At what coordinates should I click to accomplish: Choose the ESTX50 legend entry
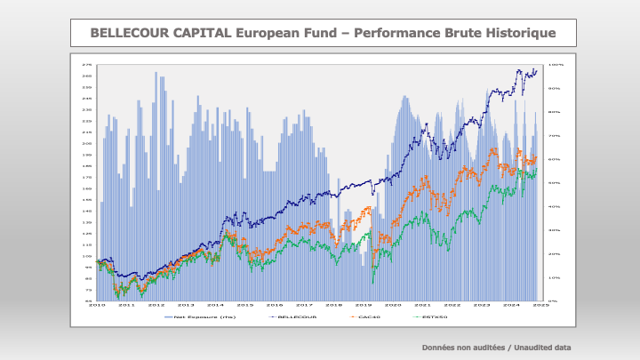tap(434, 316)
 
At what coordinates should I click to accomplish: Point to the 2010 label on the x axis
tap(98, 305)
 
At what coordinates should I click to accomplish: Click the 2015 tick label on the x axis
tap(244, 305)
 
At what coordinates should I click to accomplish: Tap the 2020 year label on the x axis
tap(393, 305)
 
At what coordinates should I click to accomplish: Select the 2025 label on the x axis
tap(540, 305)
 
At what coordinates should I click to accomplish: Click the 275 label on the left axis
tap(87, 65)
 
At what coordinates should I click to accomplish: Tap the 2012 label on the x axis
tap(156, 305)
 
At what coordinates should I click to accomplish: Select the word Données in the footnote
tap(437, 347)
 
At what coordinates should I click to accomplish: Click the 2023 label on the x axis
tap(481, 305)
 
